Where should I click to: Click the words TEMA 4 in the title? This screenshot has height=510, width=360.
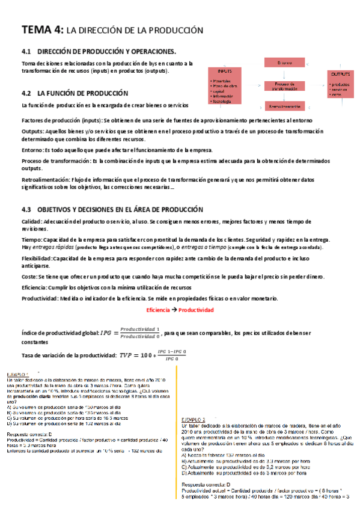41,29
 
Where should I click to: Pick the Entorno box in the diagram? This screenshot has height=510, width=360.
284,63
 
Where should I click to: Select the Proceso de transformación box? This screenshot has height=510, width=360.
284,86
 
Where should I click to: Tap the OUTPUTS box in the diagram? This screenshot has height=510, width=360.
340,84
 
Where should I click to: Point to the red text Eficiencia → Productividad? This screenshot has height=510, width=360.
180,310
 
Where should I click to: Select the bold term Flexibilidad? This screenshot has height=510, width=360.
37,258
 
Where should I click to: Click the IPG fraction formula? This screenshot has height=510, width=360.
130,332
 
